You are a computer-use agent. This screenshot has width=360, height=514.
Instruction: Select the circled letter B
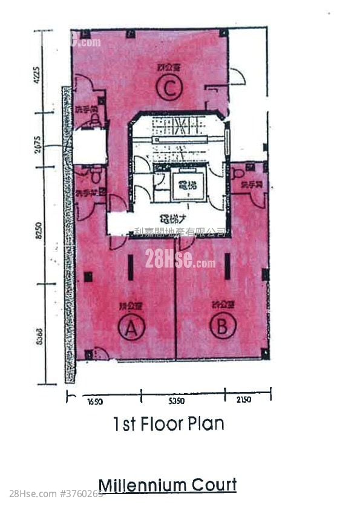[222, 327]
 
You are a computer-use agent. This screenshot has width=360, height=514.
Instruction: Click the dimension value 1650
[96, 400]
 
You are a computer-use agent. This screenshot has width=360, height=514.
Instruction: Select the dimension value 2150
[244, 400]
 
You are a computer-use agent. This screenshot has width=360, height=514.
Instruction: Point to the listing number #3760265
[80, 494]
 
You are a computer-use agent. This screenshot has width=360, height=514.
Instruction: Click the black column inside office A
[130, 267]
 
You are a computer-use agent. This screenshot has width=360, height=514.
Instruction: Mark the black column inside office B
[227, 266]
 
